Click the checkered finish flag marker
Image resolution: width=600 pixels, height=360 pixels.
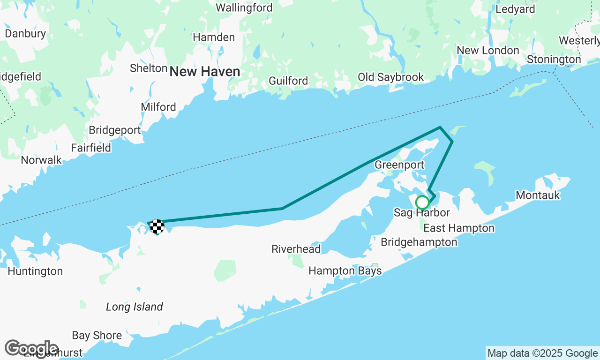click(157, 226)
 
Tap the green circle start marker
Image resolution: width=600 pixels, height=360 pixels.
click(422, 202)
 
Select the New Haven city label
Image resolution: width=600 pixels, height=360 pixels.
click(205, 72)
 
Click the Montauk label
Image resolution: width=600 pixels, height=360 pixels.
click(538, 195)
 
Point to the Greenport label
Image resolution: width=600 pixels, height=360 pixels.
click(399, 165)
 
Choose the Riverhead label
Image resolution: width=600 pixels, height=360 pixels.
click(296, 249)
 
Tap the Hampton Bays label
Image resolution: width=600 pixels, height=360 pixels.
click(345, 271)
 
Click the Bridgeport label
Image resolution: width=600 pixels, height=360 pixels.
click(115, 130)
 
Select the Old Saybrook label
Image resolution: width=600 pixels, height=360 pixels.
click(390, 77)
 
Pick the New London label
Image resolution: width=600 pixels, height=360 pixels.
click(488, 51)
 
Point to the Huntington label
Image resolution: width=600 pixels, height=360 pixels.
click(35, 271)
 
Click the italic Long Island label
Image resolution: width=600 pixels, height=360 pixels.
click(135, 307)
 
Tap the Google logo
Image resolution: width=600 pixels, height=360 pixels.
click(31, 349)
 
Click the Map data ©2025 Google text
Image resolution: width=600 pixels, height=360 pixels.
click(542, 353)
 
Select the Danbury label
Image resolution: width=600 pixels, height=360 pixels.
click(25, 34)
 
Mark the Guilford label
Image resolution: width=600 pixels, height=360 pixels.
click(288, 81)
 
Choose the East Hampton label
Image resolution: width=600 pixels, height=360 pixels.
click(459, 228)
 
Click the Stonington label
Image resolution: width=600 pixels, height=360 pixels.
click(554, 60)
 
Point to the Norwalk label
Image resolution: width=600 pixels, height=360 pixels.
click(41, 160)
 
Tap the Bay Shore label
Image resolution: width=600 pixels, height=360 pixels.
click(97, 336)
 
